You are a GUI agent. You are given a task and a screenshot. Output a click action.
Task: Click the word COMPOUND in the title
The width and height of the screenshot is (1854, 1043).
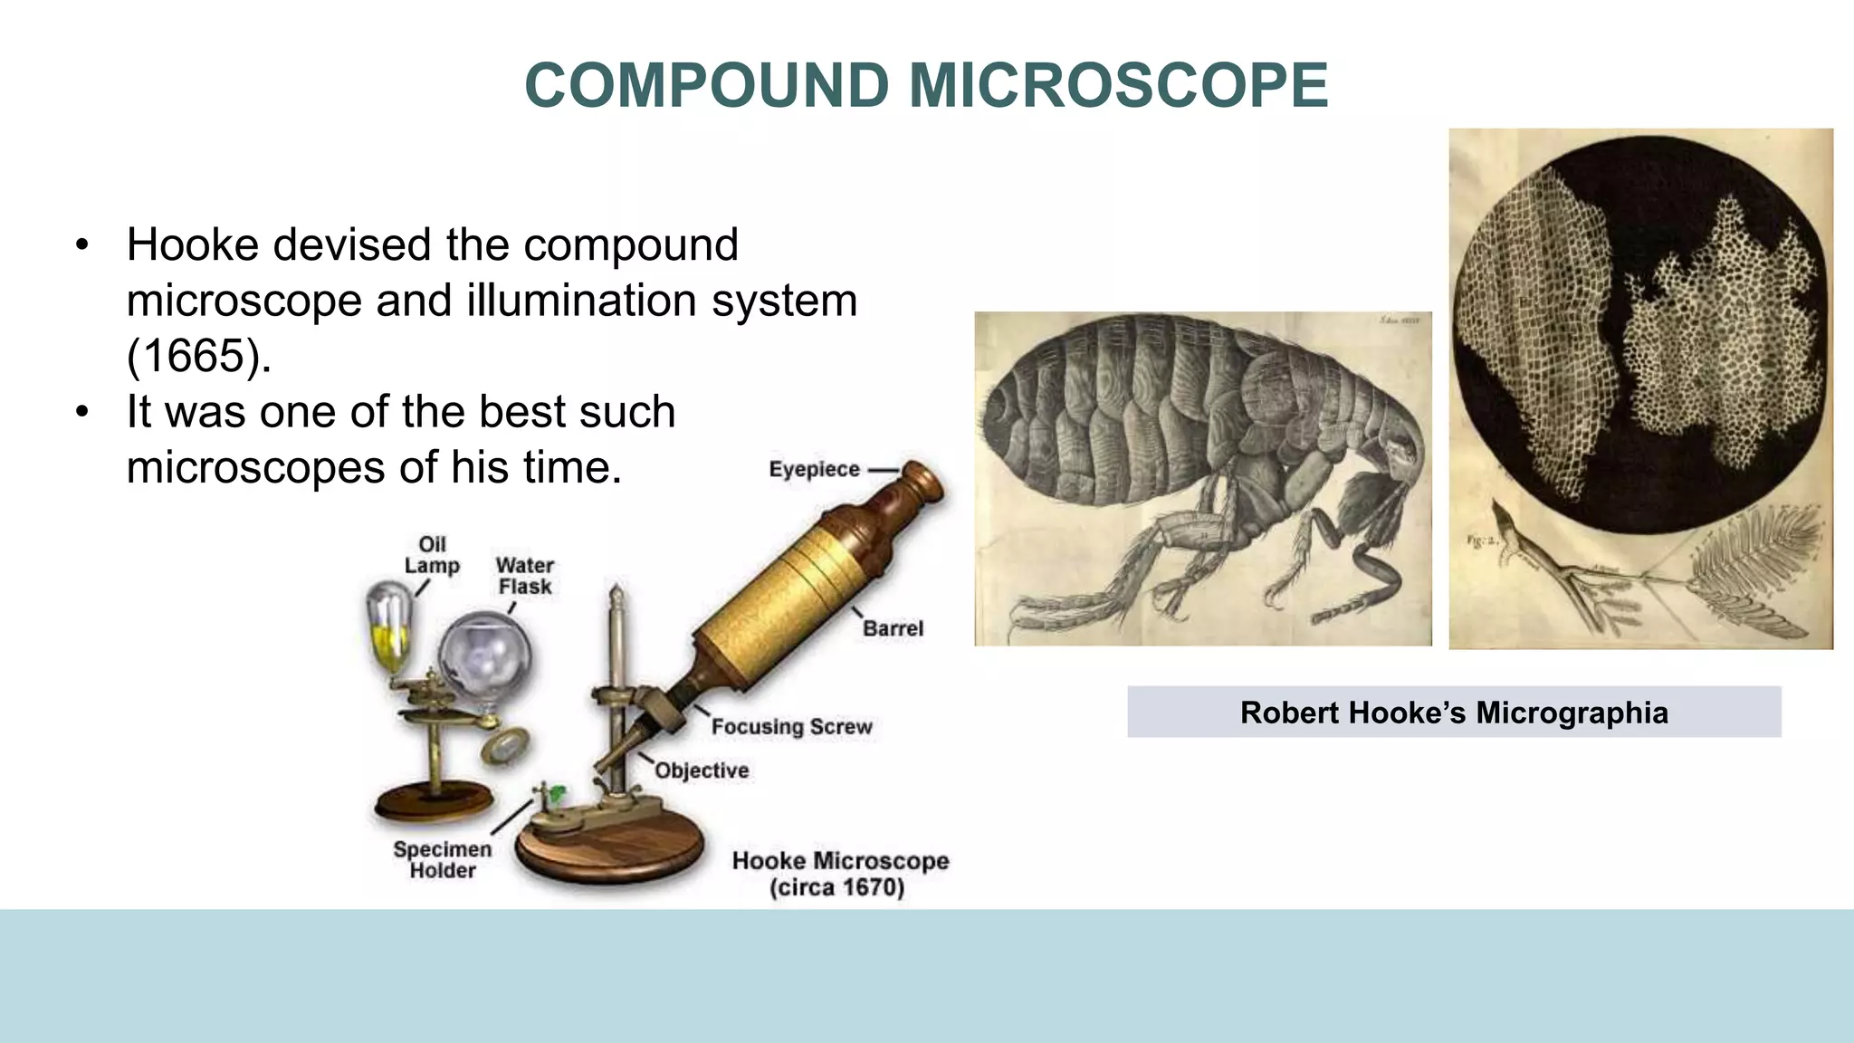pos(707,86)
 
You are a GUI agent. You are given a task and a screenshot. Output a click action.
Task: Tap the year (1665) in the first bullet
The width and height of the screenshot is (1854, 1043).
pos(198,355)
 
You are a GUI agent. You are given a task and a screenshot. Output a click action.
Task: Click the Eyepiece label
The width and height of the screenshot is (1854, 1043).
pos(814,469)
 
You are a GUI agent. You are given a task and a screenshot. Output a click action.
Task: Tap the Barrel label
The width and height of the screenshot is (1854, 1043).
pos(893,628)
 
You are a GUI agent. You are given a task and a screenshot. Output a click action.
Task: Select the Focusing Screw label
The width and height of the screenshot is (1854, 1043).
pos(791,726)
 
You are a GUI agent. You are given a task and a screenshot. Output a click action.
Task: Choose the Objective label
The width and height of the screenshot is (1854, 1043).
pos(702,770)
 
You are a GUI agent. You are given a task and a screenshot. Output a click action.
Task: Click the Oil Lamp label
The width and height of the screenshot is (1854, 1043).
pos(432,554)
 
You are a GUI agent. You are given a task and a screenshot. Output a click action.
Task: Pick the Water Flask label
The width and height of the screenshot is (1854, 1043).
pos(524,576)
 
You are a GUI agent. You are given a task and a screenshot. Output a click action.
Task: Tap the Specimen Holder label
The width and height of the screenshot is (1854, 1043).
pos(442,859)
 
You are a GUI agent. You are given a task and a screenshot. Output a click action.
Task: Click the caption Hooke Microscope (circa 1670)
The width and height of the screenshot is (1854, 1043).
pos(839,873)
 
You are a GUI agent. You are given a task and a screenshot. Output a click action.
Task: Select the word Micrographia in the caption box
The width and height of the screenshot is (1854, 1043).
pos(1572,713)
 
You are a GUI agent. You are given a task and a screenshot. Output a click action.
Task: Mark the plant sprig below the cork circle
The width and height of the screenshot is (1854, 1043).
pos(1629,579)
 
